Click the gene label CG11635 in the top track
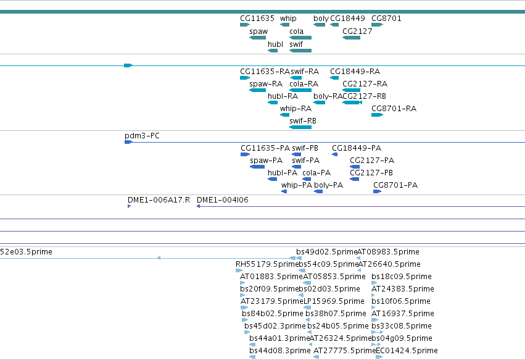pyautogui.click(x=257, y=19)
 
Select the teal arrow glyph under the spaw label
pyautogui.click(x=257, y=38)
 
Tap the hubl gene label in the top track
pyautogui.click(x=275, y=44)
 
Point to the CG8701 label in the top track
pyautogui.click(x=386, y=19)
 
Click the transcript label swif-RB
pyautogui.click(x=303, y=120)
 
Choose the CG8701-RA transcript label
pyautogui.click(x=394, y=108)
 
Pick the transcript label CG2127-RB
pyautogui.click(x=364, y=96)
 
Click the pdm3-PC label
pyautogui.click(x=142, y=136)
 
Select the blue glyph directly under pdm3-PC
pyautogui.click(x=128, y=142)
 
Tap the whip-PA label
pyautogui.click(x=296, y=185)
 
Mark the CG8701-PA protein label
pyautogui.click(x=395, y=185)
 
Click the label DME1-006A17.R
pyautogui.click(x=159, y=200)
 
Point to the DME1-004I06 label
pyautogui.click(x=222, y=200)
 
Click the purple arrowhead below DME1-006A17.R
pyautogui.click(x=129, y=206)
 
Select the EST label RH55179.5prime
pyautogui.click(x=267, y=264)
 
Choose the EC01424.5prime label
pyautogui.click(x=407, y=351)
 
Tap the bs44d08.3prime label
pyautogui.click(x=280, y=351)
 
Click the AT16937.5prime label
pyautogui.click(x=403, y=314)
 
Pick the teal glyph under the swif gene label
pyautogui.click(x=300, y=51)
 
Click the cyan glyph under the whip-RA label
pyautogui.click(x=284, y=115)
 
